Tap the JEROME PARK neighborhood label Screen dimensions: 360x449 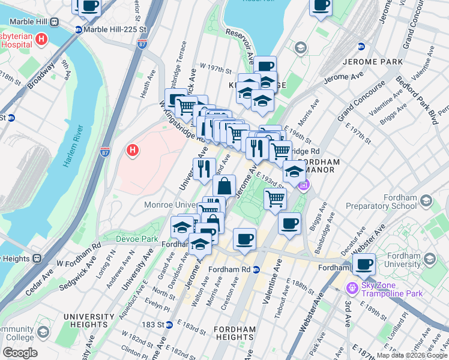(367, 62)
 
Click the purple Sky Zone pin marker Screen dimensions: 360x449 (351, 289)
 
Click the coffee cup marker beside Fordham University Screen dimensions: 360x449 (364, 263)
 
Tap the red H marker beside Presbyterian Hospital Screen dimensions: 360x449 (41, 40)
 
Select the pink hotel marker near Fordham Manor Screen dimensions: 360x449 (304, 184)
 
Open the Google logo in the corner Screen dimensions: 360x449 (19, 353)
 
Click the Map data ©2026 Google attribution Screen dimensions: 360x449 (412, 355)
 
